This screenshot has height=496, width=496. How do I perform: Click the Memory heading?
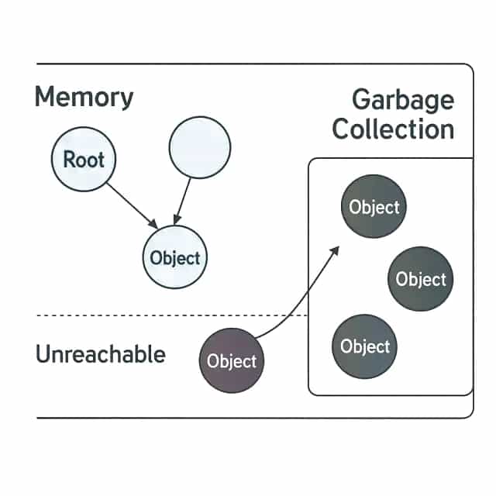(x=84, y=98)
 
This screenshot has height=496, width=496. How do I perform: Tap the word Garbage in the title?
(x=402, y=100)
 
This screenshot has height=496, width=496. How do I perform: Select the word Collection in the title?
(x=393, y=129)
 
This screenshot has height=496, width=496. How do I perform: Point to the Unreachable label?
(x=100, y=355)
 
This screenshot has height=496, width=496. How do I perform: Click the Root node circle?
(x=83, y=160)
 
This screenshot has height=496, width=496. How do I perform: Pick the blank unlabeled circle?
(x=199, y=147)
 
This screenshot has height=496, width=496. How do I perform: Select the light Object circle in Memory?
(x=175, y=258)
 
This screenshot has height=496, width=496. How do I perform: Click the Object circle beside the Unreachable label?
(x=232, y=360)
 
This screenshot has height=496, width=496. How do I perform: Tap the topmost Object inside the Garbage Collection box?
(x=374, y=207)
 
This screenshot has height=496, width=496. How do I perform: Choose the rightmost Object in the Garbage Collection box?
(x=421, y=279)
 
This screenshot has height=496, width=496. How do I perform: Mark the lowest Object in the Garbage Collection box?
(x=364, y=346)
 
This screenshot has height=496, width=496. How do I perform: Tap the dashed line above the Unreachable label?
(x=116, y=315)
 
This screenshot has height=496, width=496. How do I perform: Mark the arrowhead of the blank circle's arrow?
(x=176, y=221)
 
